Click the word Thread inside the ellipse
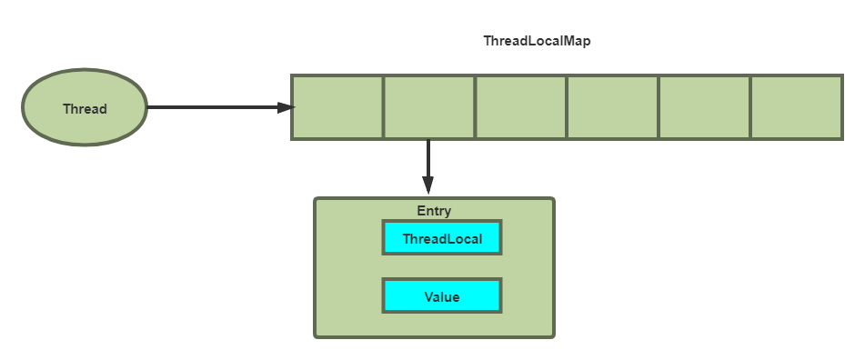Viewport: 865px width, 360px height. (x=85, y=109)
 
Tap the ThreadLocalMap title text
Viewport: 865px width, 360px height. (x=537, y=42)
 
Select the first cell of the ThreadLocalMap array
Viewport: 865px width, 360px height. (x=337, y=107)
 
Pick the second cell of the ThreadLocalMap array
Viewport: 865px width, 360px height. (x=429, y=107)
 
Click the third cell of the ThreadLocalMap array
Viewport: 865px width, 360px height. (x=521, y=107)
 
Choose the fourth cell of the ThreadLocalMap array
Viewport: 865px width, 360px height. (x=613, y=107)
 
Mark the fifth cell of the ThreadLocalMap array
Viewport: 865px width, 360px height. (x=705, y=107)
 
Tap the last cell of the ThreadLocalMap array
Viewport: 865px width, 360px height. (x=797, y=107)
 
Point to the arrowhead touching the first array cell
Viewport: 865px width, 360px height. (x=287, y=107)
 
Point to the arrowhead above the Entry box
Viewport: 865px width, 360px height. (x=427, y=187)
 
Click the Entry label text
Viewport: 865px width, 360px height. (x=434, y=211)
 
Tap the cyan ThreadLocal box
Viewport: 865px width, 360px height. (x=442, y=239)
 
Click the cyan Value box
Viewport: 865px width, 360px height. (x=442, y=296)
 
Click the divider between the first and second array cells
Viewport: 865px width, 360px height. (x=383, y=107)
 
